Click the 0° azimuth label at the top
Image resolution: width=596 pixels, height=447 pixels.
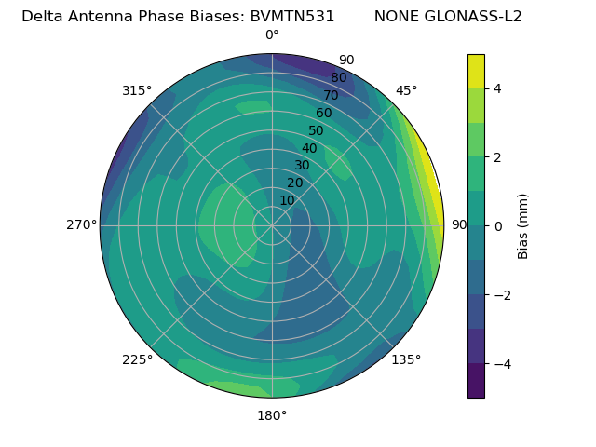pyautogui.click(x=272, y=35)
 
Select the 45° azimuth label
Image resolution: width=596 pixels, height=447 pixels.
pyautogui.click(x=406, y=90)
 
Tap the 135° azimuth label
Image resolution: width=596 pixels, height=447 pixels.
pyautogui.click(x=406, y=359)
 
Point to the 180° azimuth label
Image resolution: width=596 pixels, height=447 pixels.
pyautogui.click(x=272, y=415)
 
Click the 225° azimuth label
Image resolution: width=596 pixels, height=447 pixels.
pyautogui.click(x=137, y=359)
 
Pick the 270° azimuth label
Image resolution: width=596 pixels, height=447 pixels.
pyautogui.click(x=81, y=225)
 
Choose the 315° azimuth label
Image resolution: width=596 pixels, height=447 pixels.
pyautogui.click(x=137, y=90)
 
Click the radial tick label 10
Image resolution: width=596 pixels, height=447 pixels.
pyautogui.click(x=287, y=200)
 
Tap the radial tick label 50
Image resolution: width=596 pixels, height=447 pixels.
pyautogui.click(x=316, y=131)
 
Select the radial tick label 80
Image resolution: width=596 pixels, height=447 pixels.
pyautogui.click(x=338, y=78)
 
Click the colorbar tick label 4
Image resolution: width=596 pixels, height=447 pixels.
pyautogui.click(x=497, y=88)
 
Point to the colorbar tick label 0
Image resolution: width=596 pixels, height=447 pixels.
pyautogui.click(x=497, y=226)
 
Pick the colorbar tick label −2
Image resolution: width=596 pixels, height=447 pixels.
pyautogui.click(x=501, y=295)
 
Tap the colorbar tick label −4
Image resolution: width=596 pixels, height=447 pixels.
pyautogui.click(x=501, y=364)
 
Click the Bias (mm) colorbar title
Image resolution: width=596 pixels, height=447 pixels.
pyautogui.click(x=523, y=226)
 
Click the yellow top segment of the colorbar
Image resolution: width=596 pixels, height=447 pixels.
pyautogui.click(x=476, y=71)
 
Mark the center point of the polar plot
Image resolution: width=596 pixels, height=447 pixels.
pyautogui.click(x=272, y=225)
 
